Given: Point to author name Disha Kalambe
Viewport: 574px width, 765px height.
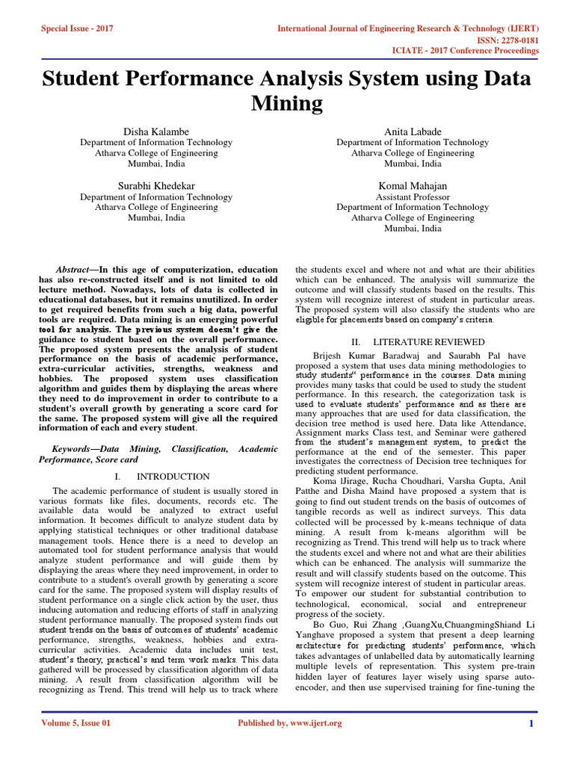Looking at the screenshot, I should [x=156, y=131].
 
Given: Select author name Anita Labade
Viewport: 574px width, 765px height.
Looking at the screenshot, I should [x=413, y=131].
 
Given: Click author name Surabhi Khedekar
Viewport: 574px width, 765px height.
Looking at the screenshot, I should [x=156, y=185].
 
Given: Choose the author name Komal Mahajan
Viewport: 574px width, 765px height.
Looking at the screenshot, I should [x=413, y=185].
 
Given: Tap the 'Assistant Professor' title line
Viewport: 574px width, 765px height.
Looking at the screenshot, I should [x=413, y=196].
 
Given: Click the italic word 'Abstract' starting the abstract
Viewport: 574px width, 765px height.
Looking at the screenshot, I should [x=73, y=269].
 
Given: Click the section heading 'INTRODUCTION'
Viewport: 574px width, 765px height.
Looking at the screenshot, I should [x=173, y=476].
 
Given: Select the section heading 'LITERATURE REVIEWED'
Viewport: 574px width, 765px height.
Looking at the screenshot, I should [x=424, y=341].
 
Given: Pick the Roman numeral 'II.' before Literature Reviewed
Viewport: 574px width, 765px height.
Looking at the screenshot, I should [x=357, y=341].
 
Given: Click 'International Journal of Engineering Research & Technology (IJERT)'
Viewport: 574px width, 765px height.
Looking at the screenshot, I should [x=408, y=28].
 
